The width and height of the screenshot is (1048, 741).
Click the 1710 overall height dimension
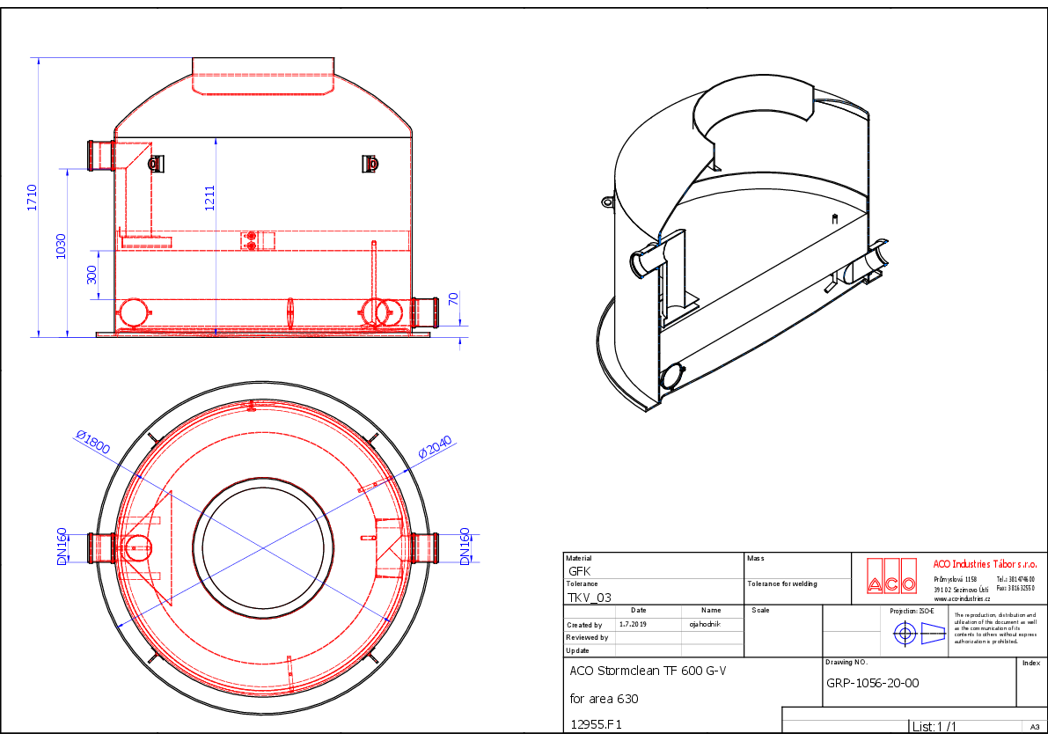tap(32, 197)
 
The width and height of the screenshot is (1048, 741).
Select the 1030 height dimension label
tap(61, 246)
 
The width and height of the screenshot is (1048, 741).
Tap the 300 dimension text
tap(92, 275)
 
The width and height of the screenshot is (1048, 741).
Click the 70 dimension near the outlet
tap(454, 298)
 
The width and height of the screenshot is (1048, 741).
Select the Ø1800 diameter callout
tap(93, 442)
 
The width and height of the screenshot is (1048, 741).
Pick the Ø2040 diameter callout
tap(434, 447)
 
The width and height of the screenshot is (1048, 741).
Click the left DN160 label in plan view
tap(62, 547)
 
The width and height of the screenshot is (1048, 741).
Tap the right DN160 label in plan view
tap(465, 547)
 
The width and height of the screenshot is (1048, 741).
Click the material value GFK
tap(580, 570)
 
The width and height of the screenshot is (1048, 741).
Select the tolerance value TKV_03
tap(590, 597)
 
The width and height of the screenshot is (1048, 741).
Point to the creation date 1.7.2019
tap(633, 623)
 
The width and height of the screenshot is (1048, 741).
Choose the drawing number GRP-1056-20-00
tap(873, 683)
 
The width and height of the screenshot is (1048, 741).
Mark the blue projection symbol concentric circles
tap(904, 633)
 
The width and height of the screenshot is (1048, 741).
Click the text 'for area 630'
tap(604, 699)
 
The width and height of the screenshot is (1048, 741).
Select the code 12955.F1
tap(597, 726)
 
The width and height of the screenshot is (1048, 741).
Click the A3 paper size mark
tap(1034, 727)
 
